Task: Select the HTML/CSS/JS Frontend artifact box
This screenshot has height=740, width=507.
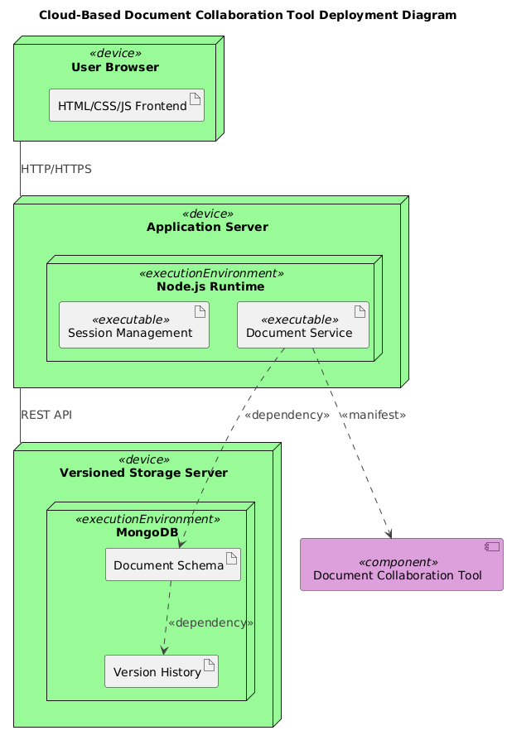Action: coord(126,105)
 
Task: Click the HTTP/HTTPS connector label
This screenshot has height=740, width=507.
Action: coord(56,169)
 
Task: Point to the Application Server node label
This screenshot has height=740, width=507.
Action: coord(207,227)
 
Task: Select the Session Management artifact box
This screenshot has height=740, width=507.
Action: coord(133,324)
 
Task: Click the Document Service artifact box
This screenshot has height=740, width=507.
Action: coord(302,324)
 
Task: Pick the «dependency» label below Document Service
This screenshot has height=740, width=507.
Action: coord(287,414)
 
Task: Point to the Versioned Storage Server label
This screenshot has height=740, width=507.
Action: coord(144,473)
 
